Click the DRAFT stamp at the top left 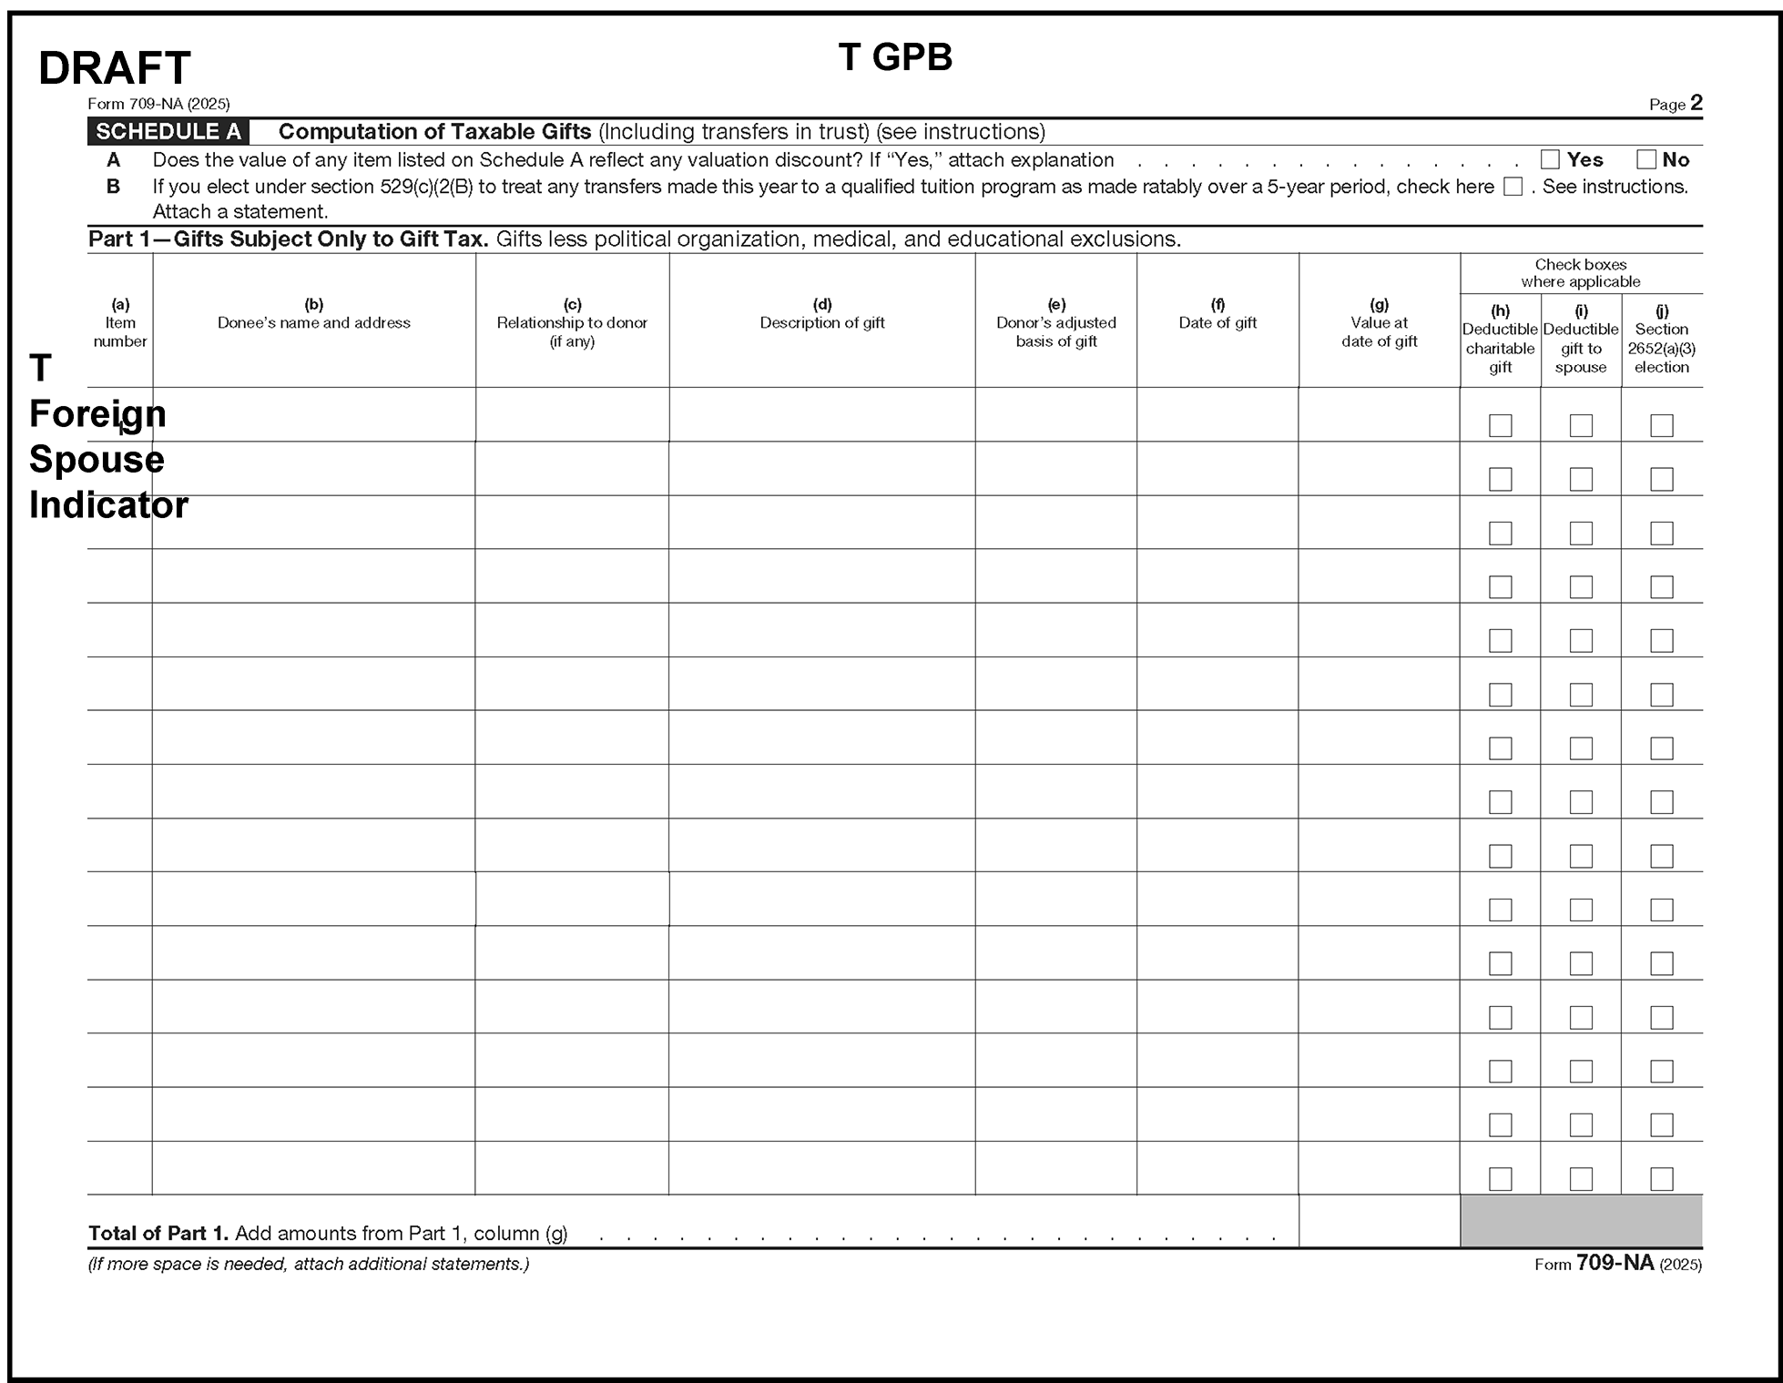click(114, 68)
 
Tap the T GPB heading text click(895, 57)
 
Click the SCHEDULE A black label click(168, 132)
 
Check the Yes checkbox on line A click(1550, 160)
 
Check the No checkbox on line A click(1645, 160)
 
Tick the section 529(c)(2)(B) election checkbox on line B click(1513, 187)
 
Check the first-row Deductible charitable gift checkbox click(1500, 425)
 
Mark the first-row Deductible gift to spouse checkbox click(1581, 425)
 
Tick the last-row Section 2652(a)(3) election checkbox click(1662, 1179)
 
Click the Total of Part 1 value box click(1379, 1222)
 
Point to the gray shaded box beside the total click(1581, 1222)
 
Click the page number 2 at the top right click(1696, 103)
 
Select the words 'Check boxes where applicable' click(1581, 273)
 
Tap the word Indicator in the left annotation click(108, 505)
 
